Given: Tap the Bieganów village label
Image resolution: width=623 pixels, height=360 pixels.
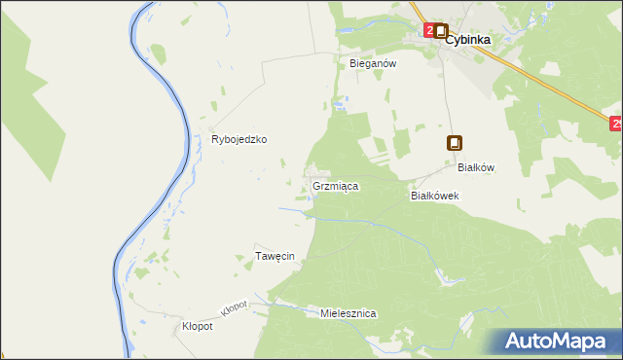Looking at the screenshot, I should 372,63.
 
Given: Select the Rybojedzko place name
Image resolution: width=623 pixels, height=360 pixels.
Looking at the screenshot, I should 239,139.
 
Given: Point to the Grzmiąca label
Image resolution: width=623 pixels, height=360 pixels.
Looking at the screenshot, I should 336,185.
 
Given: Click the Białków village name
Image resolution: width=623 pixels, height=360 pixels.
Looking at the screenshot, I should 476,167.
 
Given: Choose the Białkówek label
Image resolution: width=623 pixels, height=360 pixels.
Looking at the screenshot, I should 434,195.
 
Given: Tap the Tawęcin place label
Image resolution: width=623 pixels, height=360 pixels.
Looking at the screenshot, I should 275,256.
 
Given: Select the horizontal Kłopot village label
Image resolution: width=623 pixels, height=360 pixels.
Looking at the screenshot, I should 198,327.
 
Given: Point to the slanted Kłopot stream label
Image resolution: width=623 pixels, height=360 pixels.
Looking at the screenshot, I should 235,307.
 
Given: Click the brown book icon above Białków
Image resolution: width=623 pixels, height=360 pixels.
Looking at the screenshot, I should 454,143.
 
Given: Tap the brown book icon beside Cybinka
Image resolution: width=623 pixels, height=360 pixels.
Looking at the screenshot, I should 440,31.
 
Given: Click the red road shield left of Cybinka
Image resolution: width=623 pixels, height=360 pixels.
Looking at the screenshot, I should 427,31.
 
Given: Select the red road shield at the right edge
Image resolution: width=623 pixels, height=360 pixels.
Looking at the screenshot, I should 616,124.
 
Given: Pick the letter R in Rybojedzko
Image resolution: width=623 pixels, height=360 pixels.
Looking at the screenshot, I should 215,139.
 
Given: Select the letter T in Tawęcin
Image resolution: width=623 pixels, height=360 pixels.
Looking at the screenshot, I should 258,256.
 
